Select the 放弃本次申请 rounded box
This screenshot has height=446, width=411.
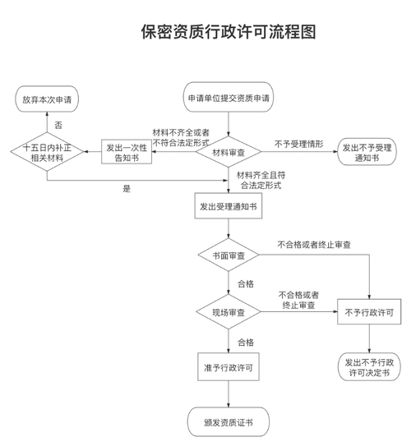[x=47, y=99]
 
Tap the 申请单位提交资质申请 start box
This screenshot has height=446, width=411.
[x=229, y=99]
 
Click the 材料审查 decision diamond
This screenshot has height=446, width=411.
[x=229, y=152]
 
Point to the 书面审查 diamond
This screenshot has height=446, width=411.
[x=229, y=256]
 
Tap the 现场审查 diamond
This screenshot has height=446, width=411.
[x=229, y=313]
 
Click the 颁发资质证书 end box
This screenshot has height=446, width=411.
[x=228, y=422]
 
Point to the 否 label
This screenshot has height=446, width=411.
[x=58, y=125]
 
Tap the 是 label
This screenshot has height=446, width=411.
[x=127, y=189]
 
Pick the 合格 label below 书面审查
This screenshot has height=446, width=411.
[x=246, y=284]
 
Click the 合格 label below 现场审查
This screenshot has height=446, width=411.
[x=246, y=342]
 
